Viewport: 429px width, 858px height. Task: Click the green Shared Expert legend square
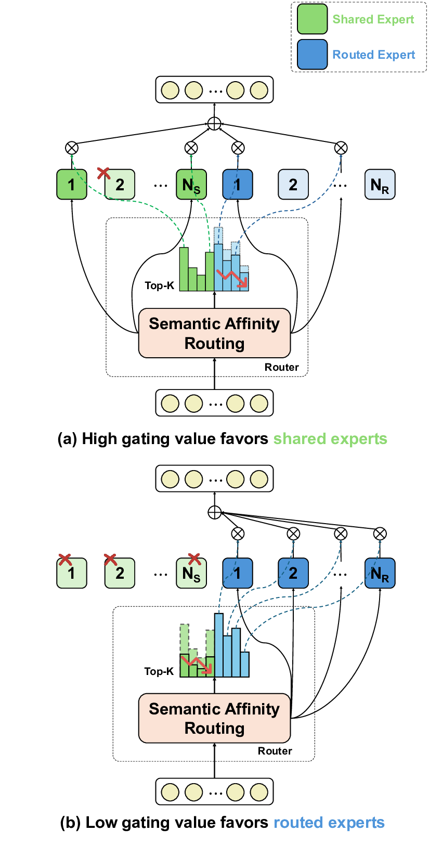pyautogui.click(x=312, y=19)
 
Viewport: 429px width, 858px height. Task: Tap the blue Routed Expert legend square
pyautogui.click(x=312, y=55)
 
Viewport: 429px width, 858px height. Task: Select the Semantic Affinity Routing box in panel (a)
pyautogui.click(x=214, y=333)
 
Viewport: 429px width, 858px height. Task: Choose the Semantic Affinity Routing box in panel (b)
pyautogui.click(x=214, y=718)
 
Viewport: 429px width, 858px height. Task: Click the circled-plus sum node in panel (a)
pyautogui.click(x=214, y=124)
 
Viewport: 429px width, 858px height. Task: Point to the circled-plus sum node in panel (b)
pyautogui.click(x=214, y=513)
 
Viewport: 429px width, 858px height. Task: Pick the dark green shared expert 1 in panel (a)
pyautogui.click(x=72, y=185)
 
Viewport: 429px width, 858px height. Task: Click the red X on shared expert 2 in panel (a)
pyautogui.click(x=104, y=173)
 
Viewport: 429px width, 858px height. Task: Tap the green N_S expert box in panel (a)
pyautogui.click(x=191, y=185)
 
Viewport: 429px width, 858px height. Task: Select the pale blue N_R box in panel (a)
pyautogui.click(x=380, y=185)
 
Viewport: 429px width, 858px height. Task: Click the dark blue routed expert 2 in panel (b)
pyautogui.click(x=293, y=573)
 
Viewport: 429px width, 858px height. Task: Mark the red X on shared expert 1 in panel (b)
pyautogui.click(x=64, y=560)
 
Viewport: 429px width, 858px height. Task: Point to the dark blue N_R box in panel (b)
pyautogui.click(x=380, y=573)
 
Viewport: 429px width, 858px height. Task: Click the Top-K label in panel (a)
pyautogui.click(x=159, y=285)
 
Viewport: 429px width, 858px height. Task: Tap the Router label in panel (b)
pyautogui.click(x=275, y=751)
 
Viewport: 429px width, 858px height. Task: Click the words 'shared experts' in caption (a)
pyautogui.click(x=330, y=439)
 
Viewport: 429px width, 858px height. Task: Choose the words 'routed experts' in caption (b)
pyautogui.click(x=329, y=823)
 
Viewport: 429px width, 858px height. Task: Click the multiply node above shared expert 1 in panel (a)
pyautogui.click(x=72, y=148)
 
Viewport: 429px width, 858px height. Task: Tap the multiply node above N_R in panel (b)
pyautogui.click(x=380, y=534)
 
